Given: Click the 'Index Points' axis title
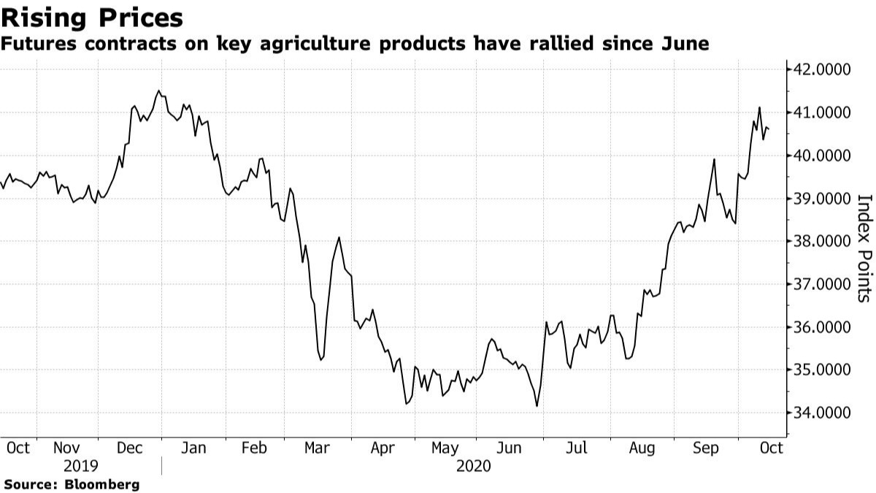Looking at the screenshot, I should (x=864, y=248).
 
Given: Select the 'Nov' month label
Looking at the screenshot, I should (x=68, y=447).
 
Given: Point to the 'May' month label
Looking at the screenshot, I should (x=445, y=447).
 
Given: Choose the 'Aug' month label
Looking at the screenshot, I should (x=642, y=447).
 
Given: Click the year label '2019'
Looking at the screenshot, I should (x=81, y=466).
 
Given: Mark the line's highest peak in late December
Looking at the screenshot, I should (x=158, y=91).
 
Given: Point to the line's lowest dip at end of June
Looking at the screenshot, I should (x=537, y=406).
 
